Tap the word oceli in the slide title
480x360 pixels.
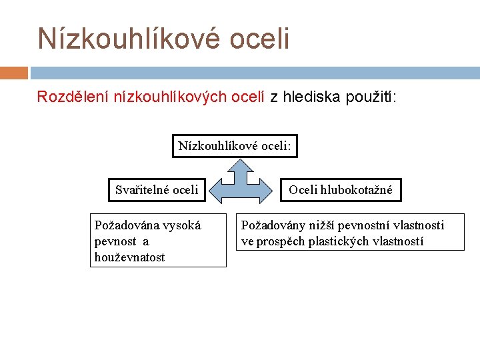click(x=259, y=39)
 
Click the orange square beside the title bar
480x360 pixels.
click(x=14, y=73)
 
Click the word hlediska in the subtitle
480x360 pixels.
click(x=312, y=97)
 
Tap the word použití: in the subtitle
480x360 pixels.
click(x=371, y=97)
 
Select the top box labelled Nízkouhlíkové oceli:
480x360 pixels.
click(x=235, y=145)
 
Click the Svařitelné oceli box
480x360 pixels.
click(x=157, y=190)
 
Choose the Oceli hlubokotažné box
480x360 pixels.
click(x=341, y=190)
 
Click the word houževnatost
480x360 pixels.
click(x=130, y=257)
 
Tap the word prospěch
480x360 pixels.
click(x=279, y=241)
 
